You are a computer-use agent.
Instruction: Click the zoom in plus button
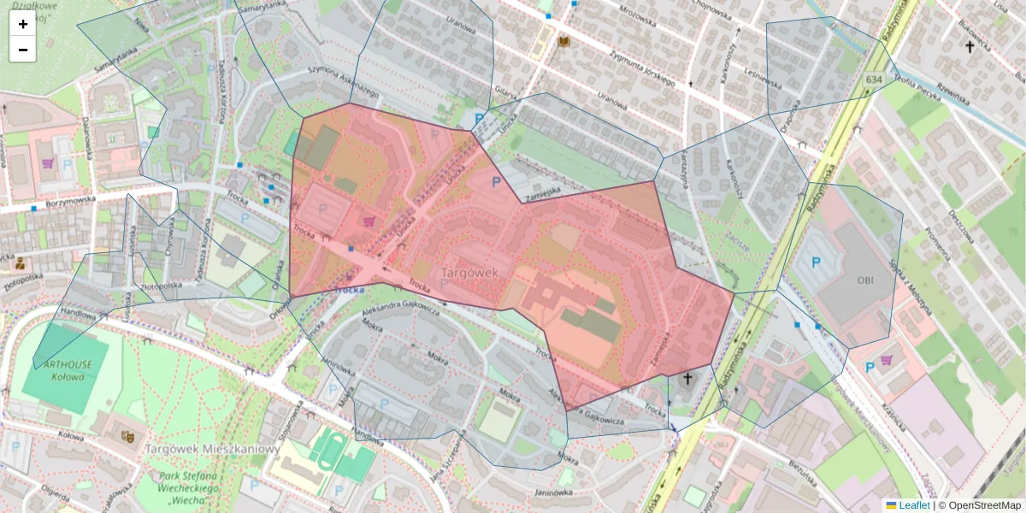pyautogui.click(x=23, y=24)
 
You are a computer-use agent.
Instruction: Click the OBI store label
pyautogui.click(x=864, y=280)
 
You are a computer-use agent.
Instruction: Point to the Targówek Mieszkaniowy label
pyautogui.click(x=213, y=449)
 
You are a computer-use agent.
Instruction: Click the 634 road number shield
pyautogui.click(x=873, y=80)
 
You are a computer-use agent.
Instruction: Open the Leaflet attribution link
pyautogui.click(x=914, y=505)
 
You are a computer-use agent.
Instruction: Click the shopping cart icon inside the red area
pyautogui.click(x=369, y=221)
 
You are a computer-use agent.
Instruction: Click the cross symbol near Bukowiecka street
pyautogui.click(x=970, y=47)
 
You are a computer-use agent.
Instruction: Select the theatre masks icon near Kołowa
pyautogui.click(x=128, y=436)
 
